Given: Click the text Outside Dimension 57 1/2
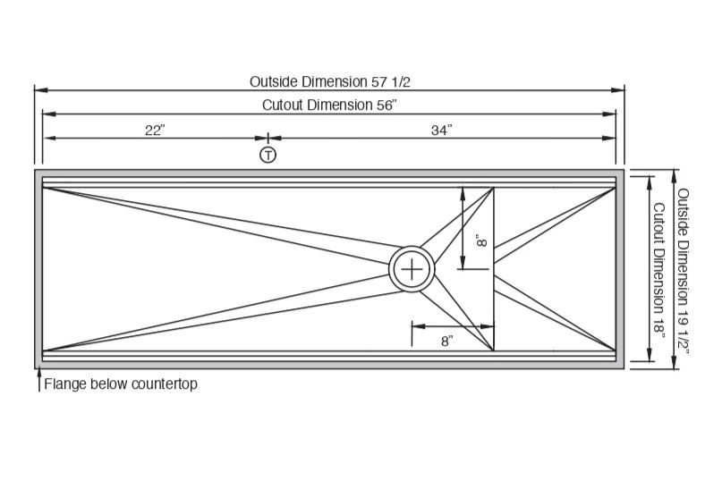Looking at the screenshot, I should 329,81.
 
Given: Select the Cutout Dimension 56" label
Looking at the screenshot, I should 329,105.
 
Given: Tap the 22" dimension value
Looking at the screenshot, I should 155,130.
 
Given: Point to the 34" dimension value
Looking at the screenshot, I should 441,130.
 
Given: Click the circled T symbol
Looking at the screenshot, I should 268,156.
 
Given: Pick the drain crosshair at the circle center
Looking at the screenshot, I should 412,268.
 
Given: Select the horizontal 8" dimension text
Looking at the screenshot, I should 446,341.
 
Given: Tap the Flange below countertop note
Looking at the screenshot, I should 120,385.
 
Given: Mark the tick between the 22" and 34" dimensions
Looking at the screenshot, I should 268,138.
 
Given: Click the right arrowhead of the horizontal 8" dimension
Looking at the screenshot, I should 490,325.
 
